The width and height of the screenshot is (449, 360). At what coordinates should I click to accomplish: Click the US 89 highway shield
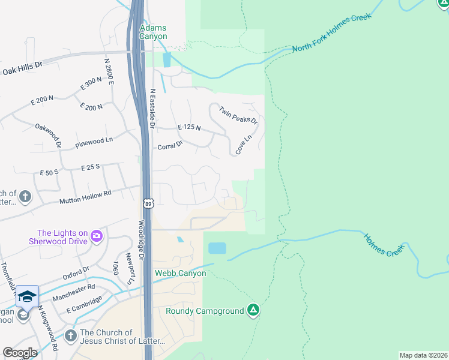point(148,204)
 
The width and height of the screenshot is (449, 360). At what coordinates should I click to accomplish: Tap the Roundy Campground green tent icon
point(253,310)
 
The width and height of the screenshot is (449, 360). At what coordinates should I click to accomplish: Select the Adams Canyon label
point(153,32)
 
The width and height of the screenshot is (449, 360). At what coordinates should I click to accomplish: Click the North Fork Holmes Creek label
point(331,32)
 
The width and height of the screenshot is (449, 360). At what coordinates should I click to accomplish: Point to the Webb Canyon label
point(180,274)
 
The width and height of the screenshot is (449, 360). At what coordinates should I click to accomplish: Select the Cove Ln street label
point(243,145)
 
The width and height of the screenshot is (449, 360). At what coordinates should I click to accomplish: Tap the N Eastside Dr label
point(153,108)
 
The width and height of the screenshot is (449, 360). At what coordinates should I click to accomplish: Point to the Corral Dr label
point(169,146)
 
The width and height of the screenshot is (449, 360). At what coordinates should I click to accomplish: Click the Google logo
point(20,352)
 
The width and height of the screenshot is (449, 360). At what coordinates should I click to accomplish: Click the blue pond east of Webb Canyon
point(217,248)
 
